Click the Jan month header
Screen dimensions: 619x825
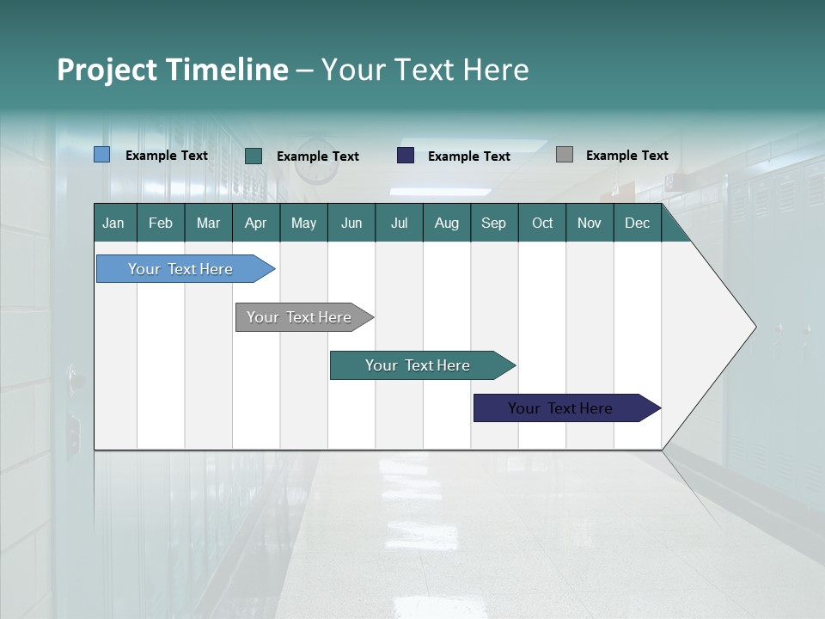(x=114, y=223)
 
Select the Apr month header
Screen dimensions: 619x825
(x=256, y=223)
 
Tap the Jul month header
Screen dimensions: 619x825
(x=399, y=223)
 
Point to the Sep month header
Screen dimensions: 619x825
(x=493, y=223)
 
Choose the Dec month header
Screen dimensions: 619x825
(x=637, y=223)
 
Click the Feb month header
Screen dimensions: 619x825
(x=161, y=223)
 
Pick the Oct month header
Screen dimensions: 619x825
(x=542, y=223)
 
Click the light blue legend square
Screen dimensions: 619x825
(x=102, y=155)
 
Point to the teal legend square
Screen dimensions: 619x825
(x=254, y=156)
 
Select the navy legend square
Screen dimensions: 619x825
(x=406, y=156)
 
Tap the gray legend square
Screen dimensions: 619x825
(x=565, y=155)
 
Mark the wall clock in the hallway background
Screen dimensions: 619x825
(x=317, y=163)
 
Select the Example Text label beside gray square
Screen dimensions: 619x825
(x=626, y=156)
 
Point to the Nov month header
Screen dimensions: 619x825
(x=590, y=223)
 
